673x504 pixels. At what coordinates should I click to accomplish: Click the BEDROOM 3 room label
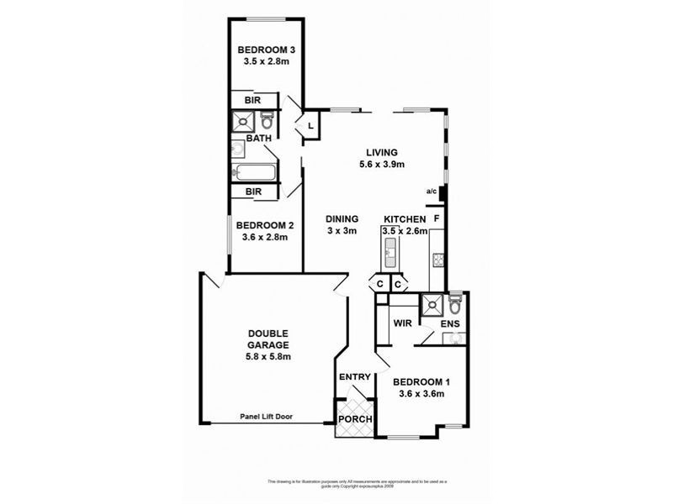tap(264, 48)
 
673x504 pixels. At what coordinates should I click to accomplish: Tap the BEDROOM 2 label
tap(264, 225)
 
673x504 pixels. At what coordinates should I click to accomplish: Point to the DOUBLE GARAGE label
tap(269, 338)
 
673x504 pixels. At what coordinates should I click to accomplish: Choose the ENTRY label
tap(354, 377)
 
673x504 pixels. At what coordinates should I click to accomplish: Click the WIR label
tap(400, 321)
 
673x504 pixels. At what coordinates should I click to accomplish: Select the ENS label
tap(451, 323)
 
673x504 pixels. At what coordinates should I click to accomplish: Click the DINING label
tap(342, 218)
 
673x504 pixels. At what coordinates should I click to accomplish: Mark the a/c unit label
tap(432, 192)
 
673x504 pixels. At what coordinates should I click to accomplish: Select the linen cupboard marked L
tap(310, 126)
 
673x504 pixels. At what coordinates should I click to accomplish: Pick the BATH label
tap(258, 139)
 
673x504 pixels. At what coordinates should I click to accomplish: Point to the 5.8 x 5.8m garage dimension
tap(269, 357)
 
